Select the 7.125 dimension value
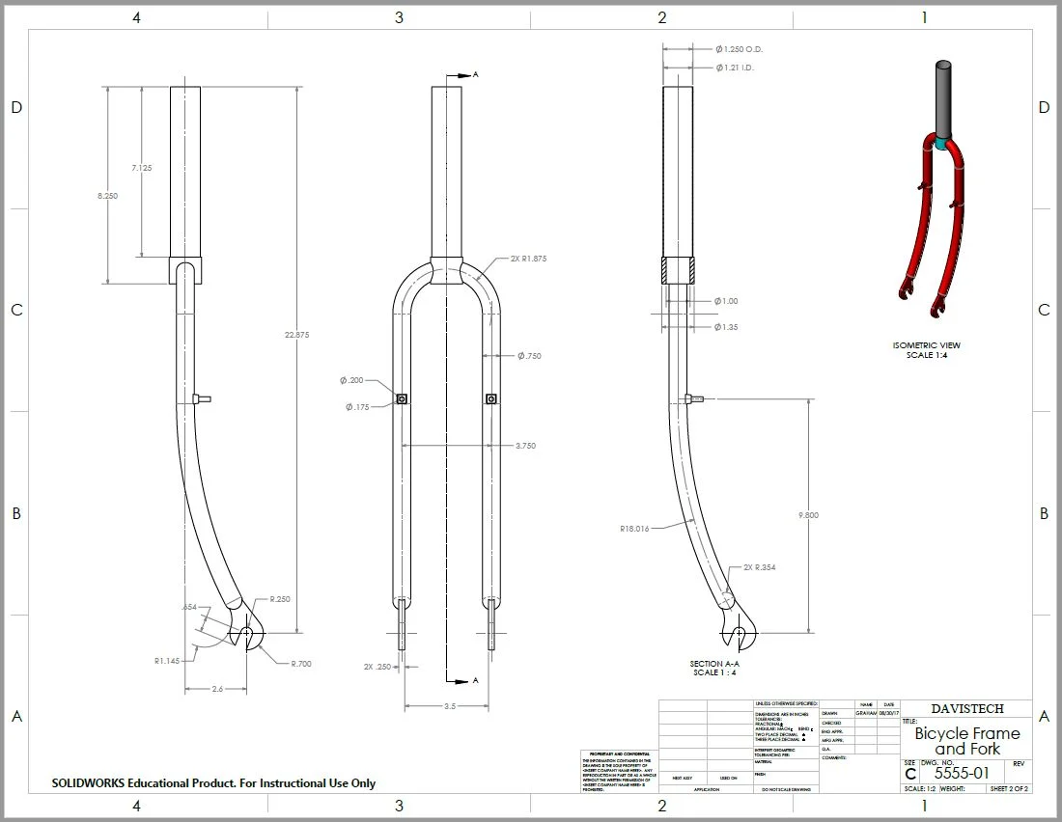click(142, 168)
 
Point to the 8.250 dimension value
click(107, 195)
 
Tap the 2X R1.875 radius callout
click(526, 260)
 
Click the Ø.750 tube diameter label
click(529, 356)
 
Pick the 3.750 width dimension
click(525, 446)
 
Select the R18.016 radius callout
click(634, 529)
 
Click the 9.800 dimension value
click(808, 515)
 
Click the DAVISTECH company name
click(966, 708)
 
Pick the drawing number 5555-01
click(962, 773)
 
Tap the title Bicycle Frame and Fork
click(966, 741)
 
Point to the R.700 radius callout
click(299, 664)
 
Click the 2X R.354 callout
click(759, 567)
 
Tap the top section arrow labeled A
click(465, 75)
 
